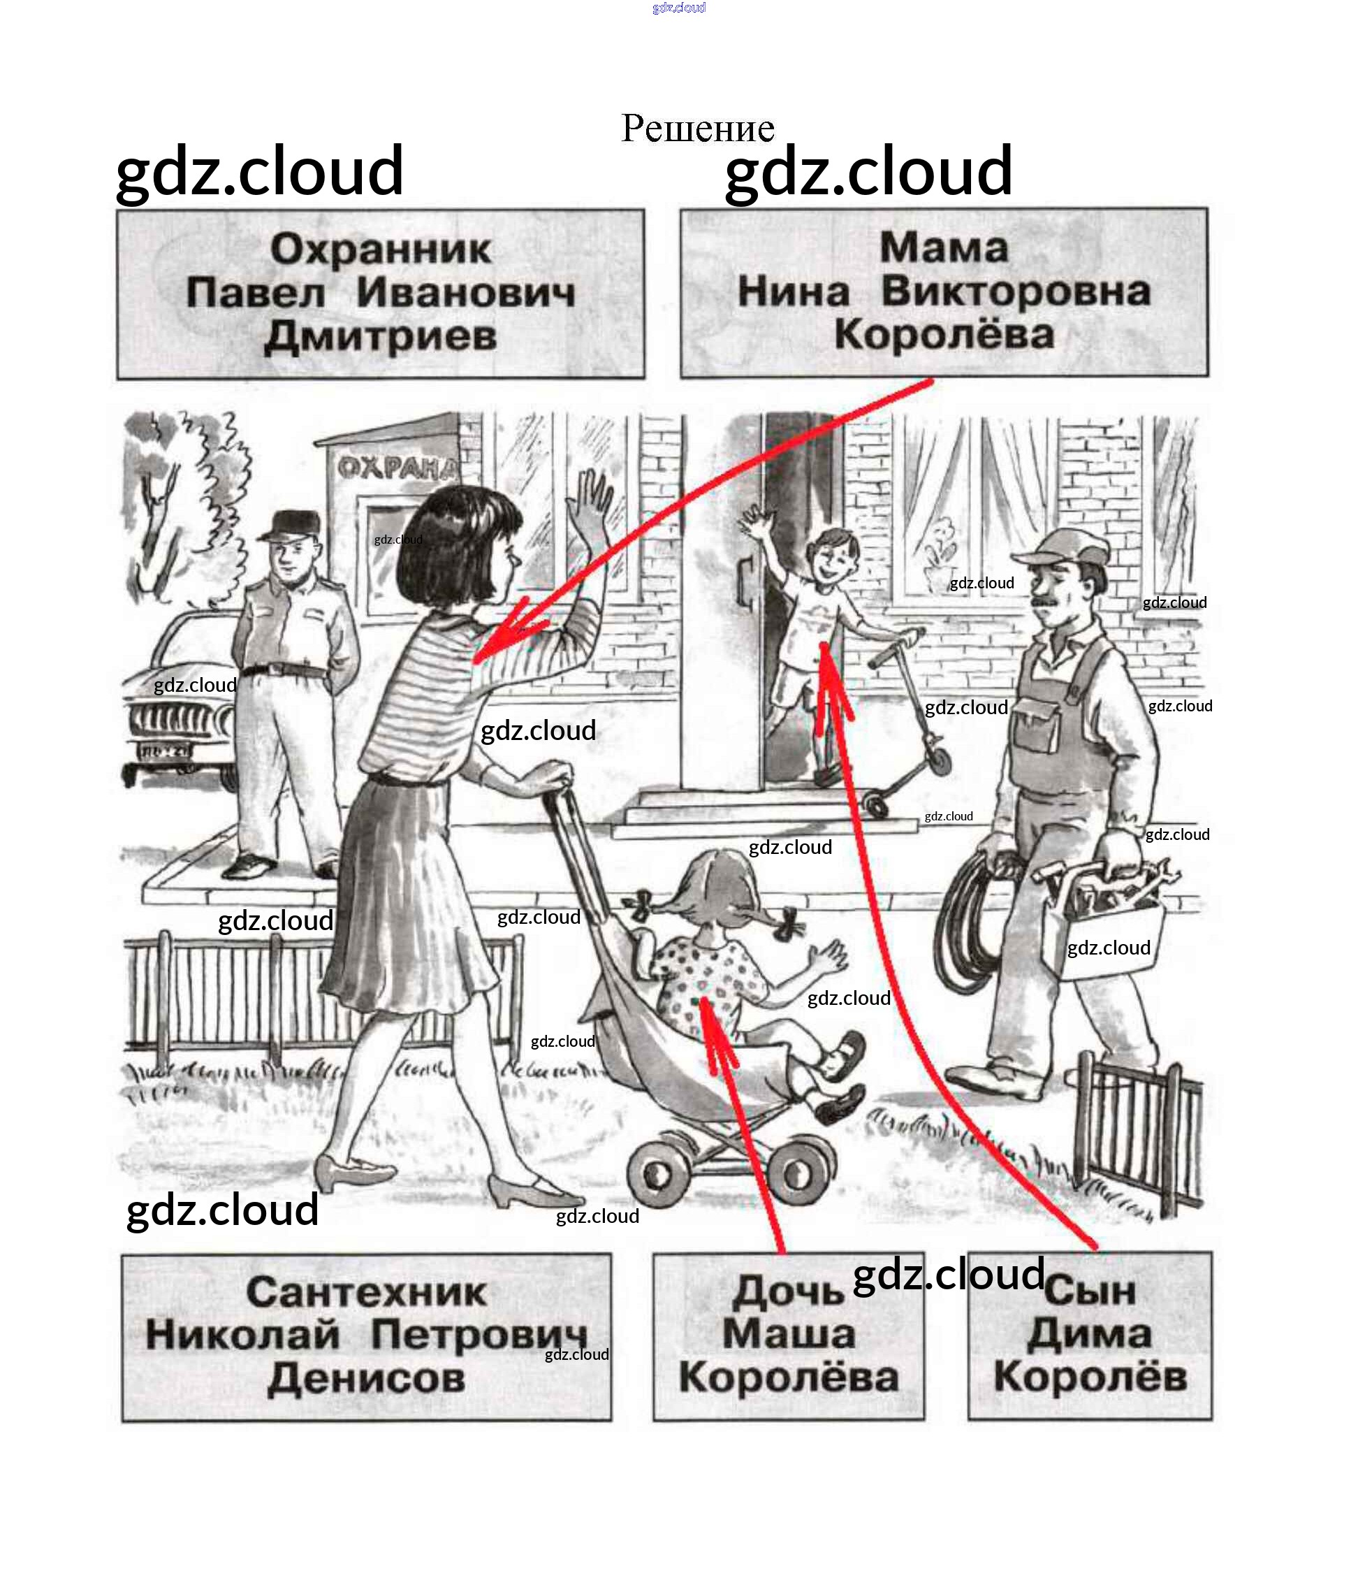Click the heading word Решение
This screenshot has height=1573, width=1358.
coord(697,128)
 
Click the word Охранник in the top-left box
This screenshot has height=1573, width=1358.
coord(380,249)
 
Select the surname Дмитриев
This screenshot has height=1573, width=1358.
coord(380,336)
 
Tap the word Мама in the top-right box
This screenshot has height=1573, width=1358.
coord(944,247)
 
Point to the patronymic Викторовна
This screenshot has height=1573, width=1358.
coord(1016,291)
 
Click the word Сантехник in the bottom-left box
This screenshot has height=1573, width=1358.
coord(366,1293)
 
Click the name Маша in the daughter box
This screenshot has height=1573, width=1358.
coord(788,1334)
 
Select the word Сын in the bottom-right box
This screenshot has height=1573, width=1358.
coord(1090,1291)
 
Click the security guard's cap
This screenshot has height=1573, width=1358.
coord(290,525)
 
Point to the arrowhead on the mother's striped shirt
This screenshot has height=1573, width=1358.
coord(493,641)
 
